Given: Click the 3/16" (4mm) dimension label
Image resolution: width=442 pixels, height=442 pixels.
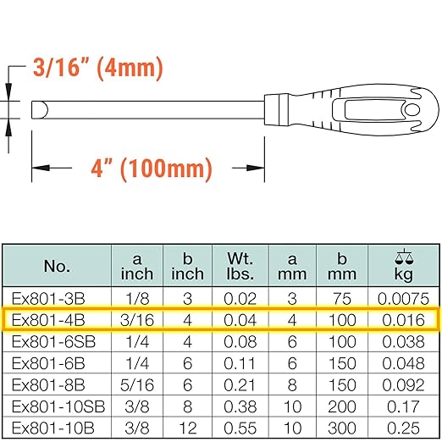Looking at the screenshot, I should (98, 68).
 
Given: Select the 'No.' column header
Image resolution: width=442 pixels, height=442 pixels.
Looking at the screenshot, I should (57, 266).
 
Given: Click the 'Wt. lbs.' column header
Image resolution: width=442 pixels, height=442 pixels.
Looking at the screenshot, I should (240, 266).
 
